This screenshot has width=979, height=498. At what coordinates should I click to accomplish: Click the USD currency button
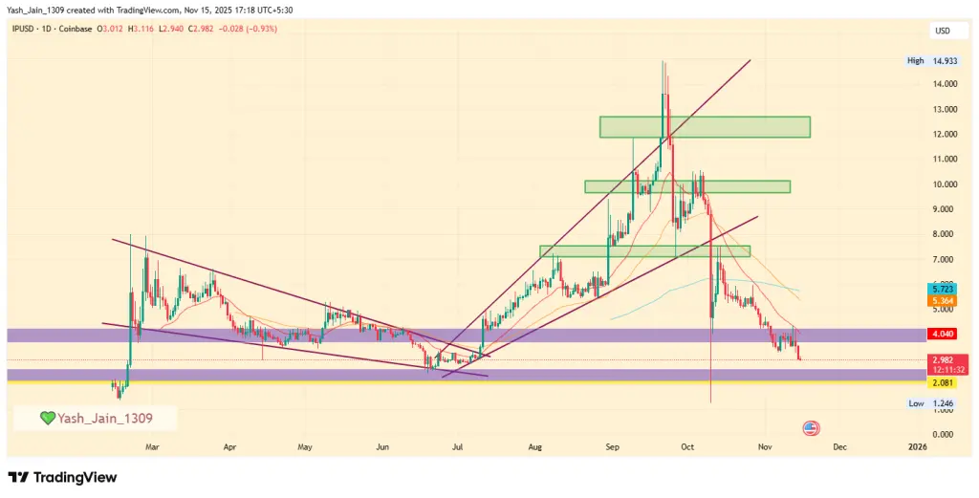click(x=942, y=32)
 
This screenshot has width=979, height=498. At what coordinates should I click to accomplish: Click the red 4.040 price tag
click(x=943, y=335)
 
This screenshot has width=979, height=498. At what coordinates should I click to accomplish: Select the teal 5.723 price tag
click(x=943, y=288)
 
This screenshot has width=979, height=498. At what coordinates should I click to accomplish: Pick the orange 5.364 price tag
click(x=943, y=300)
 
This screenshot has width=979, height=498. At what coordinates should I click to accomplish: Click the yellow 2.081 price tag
click(x=943, y=382)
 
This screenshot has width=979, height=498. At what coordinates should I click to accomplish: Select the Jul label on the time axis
click(x=458, y=446)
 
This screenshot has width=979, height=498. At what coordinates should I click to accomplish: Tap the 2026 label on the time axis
click(x=916, y=446)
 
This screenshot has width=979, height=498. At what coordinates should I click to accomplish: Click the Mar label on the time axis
click(x=152, y=446)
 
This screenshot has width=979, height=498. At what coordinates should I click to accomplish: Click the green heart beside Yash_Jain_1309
click(x=46, y=418)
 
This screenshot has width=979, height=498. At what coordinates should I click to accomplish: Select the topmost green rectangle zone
click(x=705, y=126)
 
